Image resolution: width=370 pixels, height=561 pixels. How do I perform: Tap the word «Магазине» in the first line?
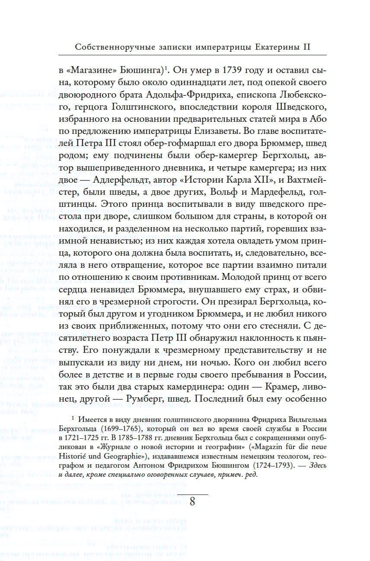click(91, 70)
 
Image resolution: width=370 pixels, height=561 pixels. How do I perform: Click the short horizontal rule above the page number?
click(193, 493)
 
